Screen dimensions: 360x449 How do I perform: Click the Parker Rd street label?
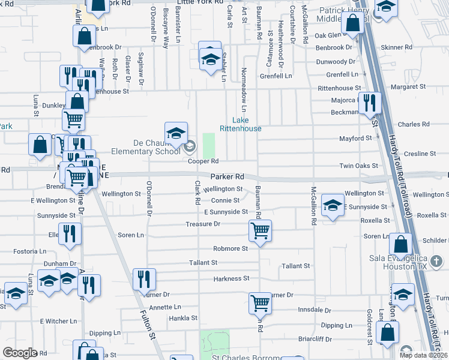[228, 177]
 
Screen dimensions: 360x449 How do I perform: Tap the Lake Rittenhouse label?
[240, 124]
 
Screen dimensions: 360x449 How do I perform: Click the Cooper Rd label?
[202, 161]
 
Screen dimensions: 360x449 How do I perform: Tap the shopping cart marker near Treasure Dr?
[260, 230]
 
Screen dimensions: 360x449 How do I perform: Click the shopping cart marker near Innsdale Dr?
[260, 302]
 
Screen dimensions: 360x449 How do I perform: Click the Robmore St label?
[231, 248]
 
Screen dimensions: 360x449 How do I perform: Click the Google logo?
[20, 353]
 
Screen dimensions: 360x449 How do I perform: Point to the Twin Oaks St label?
[359, 166]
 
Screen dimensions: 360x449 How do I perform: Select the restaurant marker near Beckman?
[369, 103]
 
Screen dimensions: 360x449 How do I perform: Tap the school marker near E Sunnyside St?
[333, 205]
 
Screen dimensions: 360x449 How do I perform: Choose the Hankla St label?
[183, 318]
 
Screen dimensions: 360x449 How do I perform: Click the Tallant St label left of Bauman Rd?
[203, 263]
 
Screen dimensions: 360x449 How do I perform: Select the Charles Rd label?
[414, 124]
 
